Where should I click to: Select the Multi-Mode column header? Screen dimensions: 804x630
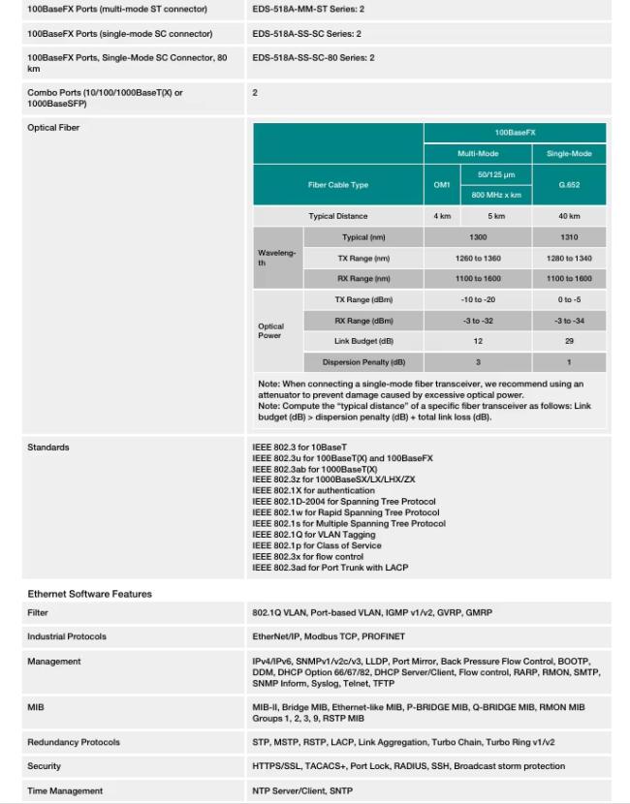click(x=477, y=154)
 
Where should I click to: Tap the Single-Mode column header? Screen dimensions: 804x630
click(x=569, y=154)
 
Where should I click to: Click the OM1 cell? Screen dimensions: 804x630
click(x=442, y=185)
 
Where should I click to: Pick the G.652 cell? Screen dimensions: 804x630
click(x=569, y=185)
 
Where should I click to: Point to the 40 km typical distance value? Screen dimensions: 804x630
click(x=569, y=216)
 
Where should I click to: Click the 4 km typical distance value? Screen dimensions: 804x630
click(x=442, y=216)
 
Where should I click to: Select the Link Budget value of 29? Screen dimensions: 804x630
click(x=569, y=341)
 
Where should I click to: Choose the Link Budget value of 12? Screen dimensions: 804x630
click(x=477, y=341)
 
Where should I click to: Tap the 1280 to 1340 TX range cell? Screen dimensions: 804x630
click(x=569, y=258)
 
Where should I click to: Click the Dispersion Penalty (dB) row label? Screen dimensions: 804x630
click(x=363, y=362)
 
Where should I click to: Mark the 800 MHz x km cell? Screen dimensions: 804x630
click(x=496, y=195)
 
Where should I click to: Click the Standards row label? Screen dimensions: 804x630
click(x=49, y=448)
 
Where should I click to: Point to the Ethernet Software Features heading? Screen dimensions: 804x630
click(x=89, y=593)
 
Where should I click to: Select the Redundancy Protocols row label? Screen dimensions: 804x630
click(x=74, y=742)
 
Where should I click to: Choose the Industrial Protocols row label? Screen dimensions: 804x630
click(x=67, y=636)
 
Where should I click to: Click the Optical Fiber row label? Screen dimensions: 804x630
click(x=53, y=127)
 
